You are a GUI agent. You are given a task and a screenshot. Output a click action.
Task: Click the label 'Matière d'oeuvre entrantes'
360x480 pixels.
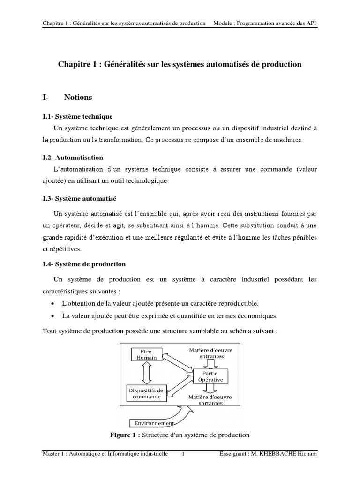coord(210,353)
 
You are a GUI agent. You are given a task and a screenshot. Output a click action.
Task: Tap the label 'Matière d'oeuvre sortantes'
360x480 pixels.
coord(210,399)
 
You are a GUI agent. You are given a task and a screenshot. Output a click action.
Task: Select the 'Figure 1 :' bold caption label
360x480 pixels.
coord(124,435)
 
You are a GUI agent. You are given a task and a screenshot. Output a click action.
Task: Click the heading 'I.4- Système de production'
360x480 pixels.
coord(84,264)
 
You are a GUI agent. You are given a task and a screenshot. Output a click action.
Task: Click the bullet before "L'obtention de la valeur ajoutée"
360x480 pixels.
coord(57,303)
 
